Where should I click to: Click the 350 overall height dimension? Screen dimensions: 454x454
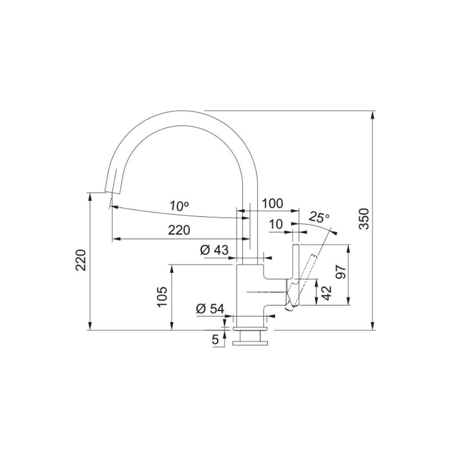pos(364,218)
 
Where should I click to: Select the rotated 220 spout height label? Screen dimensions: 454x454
pos(80,260)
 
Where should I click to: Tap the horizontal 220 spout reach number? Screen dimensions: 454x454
pos(179,230)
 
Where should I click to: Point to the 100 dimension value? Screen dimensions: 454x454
pos(272,204)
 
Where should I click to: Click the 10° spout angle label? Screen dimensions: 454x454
pos(179,206)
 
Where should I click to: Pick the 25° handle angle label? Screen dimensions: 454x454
pos(319,218)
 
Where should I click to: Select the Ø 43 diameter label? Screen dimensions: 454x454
pos(215,250)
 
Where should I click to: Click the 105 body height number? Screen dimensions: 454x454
pos(162,296)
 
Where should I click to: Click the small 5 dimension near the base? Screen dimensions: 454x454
pos(215,340)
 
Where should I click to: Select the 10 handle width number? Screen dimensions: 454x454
pos(276,224)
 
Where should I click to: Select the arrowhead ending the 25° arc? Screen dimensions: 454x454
pos(335,232)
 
